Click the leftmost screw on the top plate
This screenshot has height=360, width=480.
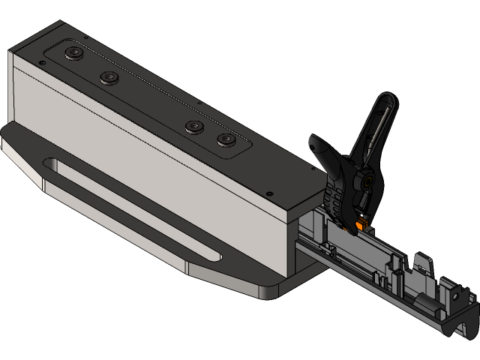[74, 52]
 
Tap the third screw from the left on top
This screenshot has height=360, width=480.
[193, 126]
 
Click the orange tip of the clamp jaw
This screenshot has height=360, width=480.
[362, 223]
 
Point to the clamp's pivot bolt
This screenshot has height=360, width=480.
[366, 179]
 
